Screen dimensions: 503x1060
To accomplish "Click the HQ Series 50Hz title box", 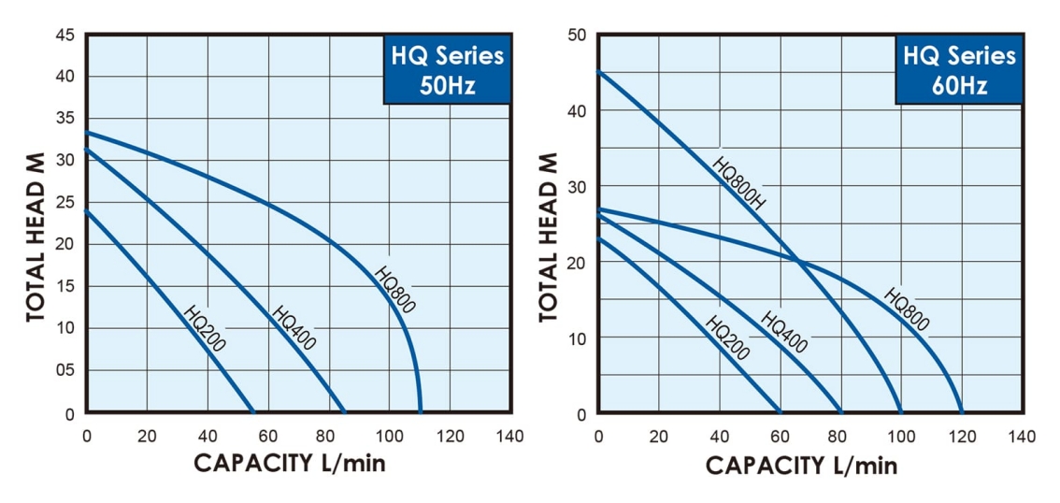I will (x=447, y=70).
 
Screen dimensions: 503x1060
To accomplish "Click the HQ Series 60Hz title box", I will (x=959, y=70).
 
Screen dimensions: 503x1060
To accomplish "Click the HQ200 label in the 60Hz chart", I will (x=727, y=338).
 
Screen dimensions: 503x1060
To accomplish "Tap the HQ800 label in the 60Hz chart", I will (x=906, y=309).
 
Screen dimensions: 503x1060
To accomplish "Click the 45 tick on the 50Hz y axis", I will (x=65, y=35).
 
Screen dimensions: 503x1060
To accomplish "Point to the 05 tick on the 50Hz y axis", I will (x=65, y=371).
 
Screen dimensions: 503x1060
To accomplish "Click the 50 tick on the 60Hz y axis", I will (x=578, y=35).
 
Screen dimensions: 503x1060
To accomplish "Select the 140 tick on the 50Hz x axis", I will (x=510, y=437).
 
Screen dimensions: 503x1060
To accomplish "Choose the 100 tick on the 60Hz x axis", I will (x=901, y=437).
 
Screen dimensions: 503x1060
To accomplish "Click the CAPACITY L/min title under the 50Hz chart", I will (x=289, y=463).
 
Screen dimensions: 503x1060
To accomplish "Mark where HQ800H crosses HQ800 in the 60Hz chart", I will (x=800, y=260).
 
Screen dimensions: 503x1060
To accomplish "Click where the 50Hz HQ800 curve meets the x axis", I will (x=421, y=412).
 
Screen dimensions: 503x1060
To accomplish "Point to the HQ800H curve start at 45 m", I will (x=598, y=72).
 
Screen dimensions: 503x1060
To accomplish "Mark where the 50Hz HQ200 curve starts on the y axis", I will (x=86, y=210).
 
